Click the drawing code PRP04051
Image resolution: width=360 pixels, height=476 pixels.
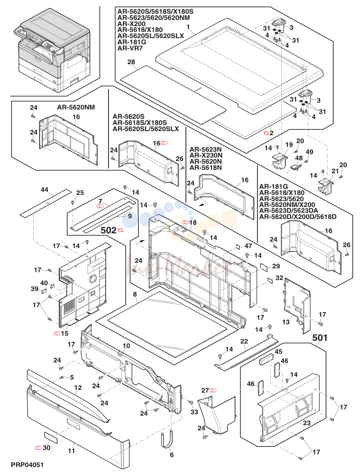coord(27,465)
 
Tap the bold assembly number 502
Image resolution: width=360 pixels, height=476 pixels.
coord(109,231)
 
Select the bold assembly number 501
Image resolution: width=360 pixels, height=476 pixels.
coord(320,338)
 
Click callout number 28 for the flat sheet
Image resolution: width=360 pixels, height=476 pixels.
coord(131,62)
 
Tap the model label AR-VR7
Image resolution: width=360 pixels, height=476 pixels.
coord(130,48)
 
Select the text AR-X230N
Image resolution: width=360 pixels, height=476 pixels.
coord(206,155)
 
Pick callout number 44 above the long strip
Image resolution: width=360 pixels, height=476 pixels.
coord(44,189)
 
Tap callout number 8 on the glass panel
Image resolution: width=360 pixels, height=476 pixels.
coord(135,294)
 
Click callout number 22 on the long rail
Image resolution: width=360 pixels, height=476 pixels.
coord(244,341)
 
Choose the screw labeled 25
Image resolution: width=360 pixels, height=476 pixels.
coord(73,202)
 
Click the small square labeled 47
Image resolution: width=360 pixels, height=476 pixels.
coord(237,246)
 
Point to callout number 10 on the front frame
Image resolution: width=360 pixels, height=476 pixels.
coord(126,346)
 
